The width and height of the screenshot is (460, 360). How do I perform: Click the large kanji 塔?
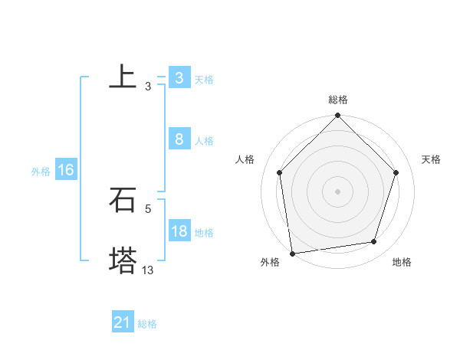click(x=123, y=260)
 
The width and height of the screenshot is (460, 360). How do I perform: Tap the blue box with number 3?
click(x=179, y=78)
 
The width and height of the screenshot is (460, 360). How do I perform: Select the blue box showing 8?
click(x=179, y=139)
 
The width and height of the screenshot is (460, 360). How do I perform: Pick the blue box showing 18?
click(x=179, y=231)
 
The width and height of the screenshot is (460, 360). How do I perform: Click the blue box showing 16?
click(x=65, y=170)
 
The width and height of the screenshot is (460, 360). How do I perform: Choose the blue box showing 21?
click(x=122, y=323)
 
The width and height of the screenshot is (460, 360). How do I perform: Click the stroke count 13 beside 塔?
click(x=148, y=270)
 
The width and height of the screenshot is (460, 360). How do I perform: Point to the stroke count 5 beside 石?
click(x=148, y=208)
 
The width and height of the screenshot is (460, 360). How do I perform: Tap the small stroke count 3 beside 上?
click(x=148, y=87)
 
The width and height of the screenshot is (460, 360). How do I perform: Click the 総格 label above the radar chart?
click(x=338, y=100)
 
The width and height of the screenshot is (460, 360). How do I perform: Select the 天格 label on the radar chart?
click(x=432, y=159)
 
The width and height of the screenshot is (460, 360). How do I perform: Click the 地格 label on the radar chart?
click(x=402, y=262)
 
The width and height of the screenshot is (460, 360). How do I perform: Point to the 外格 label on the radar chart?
click(x=270, y=262)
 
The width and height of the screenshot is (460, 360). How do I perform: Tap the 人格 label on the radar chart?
click(x=245, y=159)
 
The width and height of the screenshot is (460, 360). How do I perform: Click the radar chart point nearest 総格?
click(x=338, y=116)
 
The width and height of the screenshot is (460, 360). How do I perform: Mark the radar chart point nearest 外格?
click(x=292, y=253)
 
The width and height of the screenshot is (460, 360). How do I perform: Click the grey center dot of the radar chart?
click(x=338, y=191)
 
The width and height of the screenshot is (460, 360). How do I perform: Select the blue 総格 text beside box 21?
click(x=147, y=324)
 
